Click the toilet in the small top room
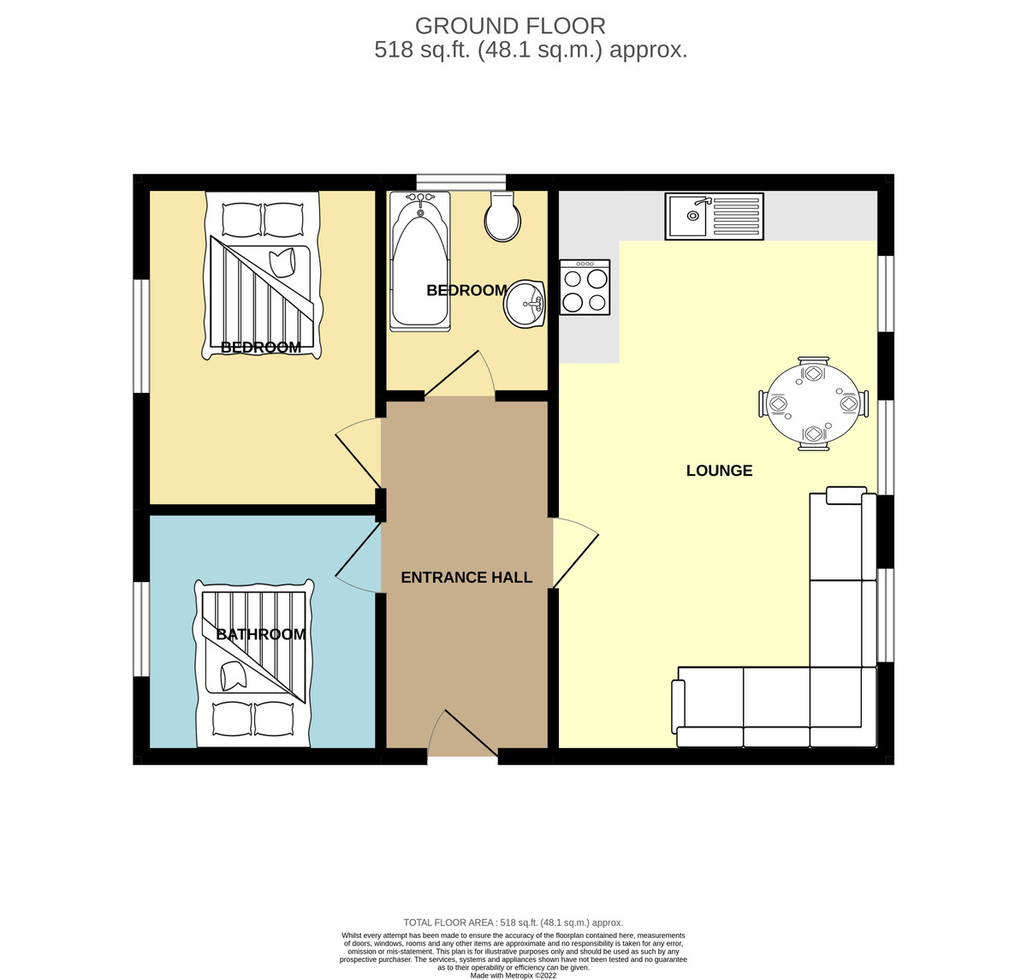click(502, 217)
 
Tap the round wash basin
click(525, 304)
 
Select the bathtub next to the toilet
click(419, 261)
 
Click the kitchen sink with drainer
click(714, 217)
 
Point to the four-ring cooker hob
click(585, 288)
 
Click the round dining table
click(813, 403)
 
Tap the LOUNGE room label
click(719, 471)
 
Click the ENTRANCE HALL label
click(466, 577)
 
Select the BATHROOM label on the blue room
click(261, 634)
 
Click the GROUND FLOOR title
click(510, 26)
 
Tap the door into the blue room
click(358, 557)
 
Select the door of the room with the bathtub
click(460, 373)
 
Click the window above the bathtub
click(461, 181)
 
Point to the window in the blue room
click(141, 628)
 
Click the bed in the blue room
click(254, 663)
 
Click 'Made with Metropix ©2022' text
click(513, 976)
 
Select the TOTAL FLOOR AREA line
click(513, 923)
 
